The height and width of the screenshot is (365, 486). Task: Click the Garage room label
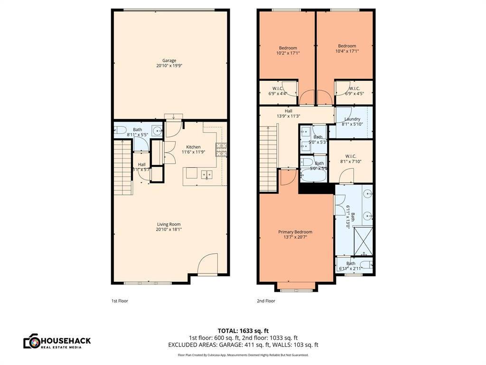coord(169,60)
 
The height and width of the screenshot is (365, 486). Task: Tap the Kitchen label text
coord(193,147)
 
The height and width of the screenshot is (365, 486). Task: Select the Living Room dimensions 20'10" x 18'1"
coord(169,229)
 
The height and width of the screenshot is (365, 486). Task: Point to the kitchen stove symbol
coord(222,150)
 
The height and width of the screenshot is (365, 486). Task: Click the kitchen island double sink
coord(207,174)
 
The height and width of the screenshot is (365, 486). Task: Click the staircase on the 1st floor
coord(123,169)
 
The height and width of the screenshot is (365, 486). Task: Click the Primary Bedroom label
coord(295,232)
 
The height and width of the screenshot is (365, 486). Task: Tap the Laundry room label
coord(352,119)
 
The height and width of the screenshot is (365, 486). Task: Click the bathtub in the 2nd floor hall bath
coord(313,174)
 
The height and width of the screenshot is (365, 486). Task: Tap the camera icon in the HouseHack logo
coord(31,341)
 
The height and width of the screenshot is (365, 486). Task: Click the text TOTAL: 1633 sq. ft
coord(243,330)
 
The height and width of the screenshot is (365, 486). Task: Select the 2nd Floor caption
coord(266,301)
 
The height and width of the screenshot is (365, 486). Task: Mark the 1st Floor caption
coord(120,301)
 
